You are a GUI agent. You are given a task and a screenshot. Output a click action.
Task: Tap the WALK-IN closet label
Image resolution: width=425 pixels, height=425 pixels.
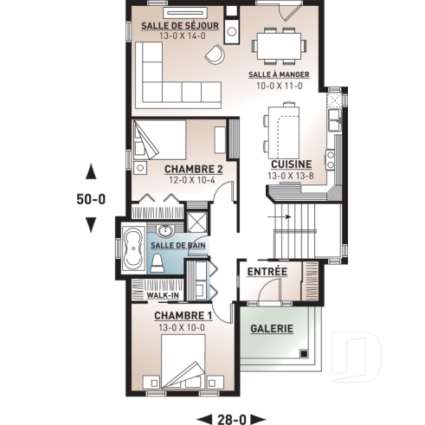tap(162, 295)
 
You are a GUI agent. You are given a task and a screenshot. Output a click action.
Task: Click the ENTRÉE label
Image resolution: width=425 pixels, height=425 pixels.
tap(267, 272)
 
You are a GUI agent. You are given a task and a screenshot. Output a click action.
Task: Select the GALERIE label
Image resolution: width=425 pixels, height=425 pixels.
tap(272, 329)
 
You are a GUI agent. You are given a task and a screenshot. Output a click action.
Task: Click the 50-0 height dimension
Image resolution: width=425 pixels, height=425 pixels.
tap(90, 198)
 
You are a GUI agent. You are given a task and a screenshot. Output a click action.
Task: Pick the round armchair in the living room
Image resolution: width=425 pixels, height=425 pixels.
tap(214, 54)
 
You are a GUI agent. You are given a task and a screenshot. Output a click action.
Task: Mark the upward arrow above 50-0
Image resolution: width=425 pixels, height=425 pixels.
tap(90, 171)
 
